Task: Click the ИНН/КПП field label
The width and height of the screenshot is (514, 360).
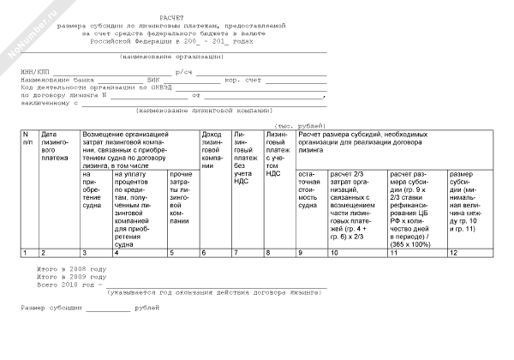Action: [x=35, y=73]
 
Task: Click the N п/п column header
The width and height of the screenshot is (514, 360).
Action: [x=27, y=139]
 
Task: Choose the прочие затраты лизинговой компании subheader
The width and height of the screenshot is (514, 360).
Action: [x=180, y=197]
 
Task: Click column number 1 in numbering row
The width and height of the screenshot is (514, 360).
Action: [x=24, y=253]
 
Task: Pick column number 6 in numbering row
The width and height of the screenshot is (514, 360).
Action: [x=203, y=253]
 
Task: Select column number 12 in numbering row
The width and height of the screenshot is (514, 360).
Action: [x=451, y=253]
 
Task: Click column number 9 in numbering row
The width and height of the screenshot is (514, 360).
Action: [x=300, y=253]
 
